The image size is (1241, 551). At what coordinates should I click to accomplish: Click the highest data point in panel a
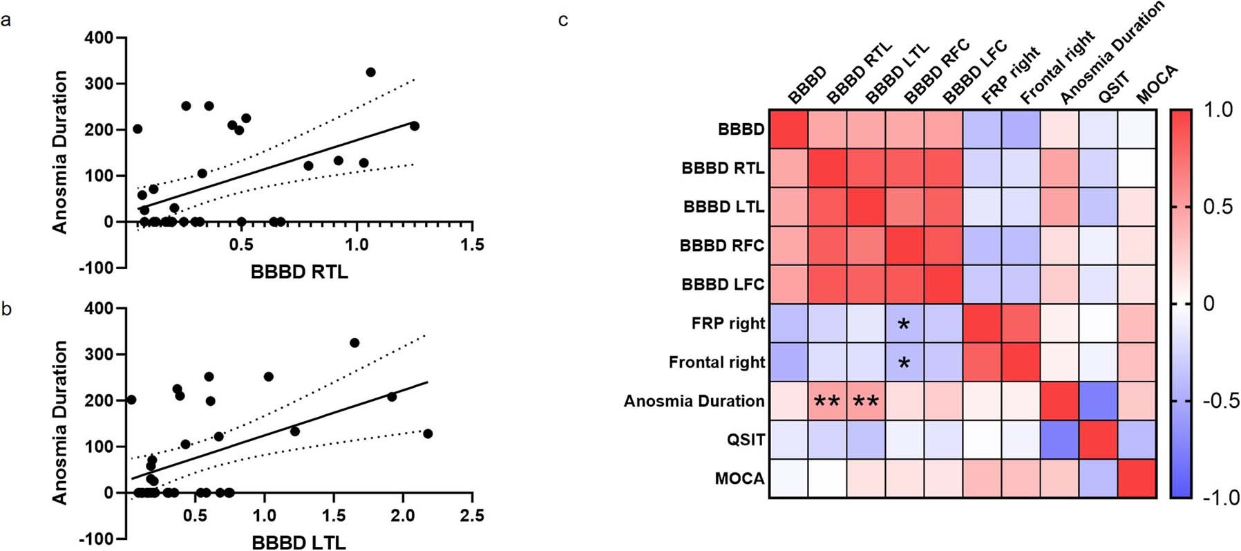370,72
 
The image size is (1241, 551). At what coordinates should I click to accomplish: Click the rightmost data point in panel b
428,433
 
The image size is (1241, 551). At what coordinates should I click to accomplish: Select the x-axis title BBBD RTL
299,272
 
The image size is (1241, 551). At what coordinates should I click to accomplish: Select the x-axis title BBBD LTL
299,543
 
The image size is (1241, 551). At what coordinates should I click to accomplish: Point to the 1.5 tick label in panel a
472,245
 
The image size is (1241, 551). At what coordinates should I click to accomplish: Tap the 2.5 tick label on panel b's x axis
472,516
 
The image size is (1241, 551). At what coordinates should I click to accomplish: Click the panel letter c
563,21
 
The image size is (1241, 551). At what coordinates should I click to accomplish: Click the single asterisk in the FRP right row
903,324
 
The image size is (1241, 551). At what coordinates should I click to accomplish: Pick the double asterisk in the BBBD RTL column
826,402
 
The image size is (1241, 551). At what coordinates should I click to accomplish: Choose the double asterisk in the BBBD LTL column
865,402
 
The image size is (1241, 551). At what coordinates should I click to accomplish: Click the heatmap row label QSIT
746,440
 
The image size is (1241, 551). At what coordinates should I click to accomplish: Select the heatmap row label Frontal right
717,362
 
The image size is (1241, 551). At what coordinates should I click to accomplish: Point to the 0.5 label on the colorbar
1218,207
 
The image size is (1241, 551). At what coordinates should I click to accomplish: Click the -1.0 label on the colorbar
1220,498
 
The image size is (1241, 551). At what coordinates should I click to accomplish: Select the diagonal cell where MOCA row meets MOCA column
1137,478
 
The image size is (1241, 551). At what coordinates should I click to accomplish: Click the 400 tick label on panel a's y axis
99,37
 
